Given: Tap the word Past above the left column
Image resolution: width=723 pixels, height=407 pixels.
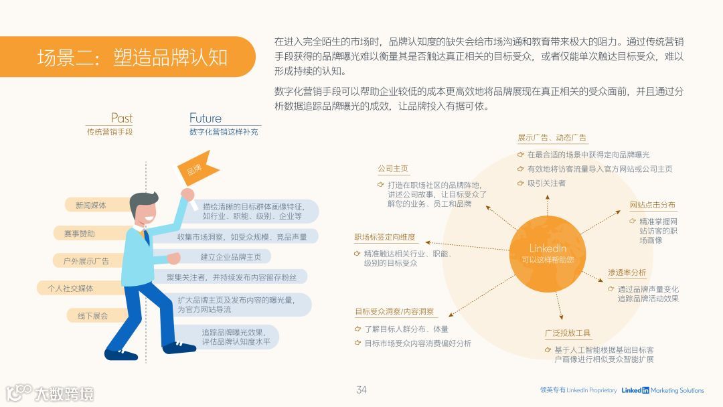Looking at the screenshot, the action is pyautogui.click(x=122, y=118).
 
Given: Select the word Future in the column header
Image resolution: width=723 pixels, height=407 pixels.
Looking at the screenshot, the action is pyautogui.click(x=205, y=118).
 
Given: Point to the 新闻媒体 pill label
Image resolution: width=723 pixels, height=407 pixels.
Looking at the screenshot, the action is pyautogui.click(x=91, y=205).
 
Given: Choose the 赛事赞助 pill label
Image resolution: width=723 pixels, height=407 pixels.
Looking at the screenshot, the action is pyautogui.click(x=80, y=234).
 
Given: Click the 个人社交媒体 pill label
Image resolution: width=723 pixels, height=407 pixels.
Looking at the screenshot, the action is pyautogui.click(x=70, y=289).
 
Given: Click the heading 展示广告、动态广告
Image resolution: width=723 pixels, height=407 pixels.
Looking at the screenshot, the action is pyautogui.click(x=552, y=138).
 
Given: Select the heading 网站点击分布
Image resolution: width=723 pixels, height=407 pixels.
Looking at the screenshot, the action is pyautogui.click(x=653, y=205).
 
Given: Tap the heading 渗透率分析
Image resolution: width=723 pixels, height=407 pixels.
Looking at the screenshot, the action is pyautogui.click(x=627, y=272).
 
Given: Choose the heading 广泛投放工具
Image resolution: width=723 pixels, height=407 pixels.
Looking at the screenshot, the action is pyautogui.click(x=568, y=333).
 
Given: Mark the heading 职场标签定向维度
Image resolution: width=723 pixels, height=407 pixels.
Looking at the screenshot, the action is pyautogui.click(x=385, y=237).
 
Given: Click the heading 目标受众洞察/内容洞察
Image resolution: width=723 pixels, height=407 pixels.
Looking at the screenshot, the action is pyautogui.click(x=394, y=312).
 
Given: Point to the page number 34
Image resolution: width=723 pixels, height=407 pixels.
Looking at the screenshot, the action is pyautogui.click(x=361, y=390).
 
